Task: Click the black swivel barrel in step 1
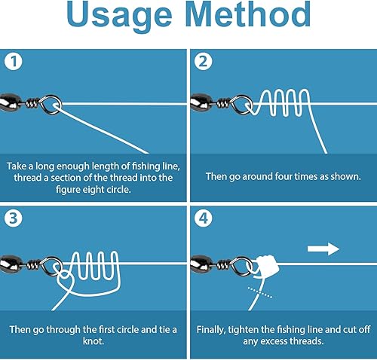click(x=15, y=102)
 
